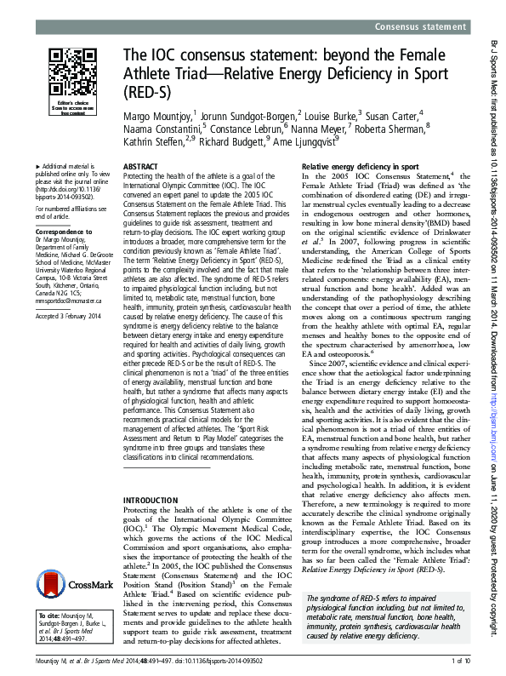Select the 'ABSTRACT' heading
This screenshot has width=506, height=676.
(139, 168)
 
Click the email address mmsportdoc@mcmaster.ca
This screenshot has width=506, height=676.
(65, 277)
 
